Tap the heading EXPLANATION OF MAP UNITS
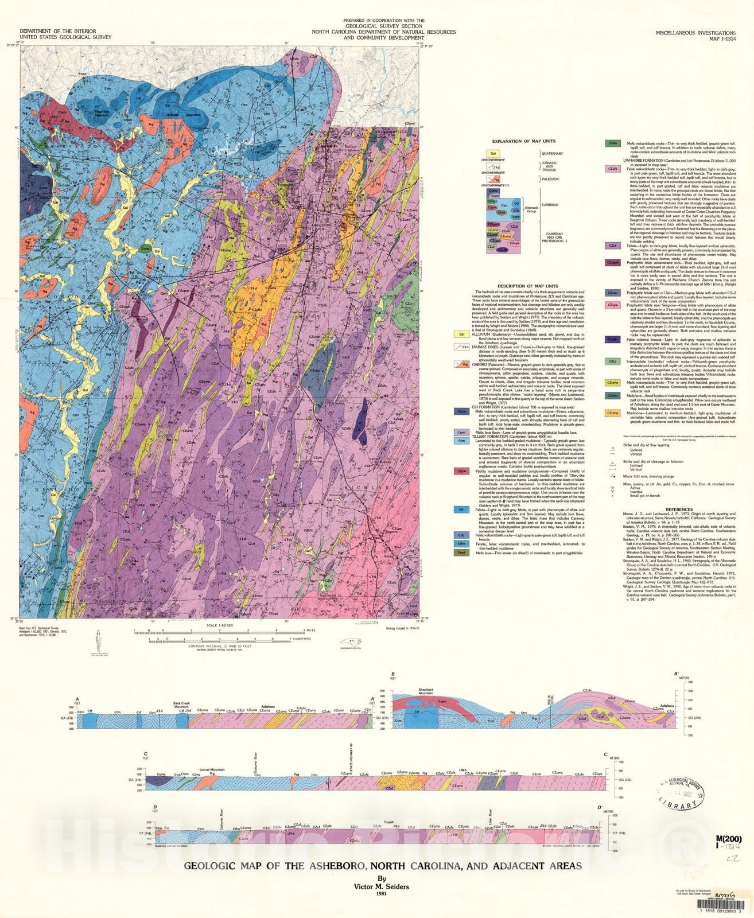(523, 141)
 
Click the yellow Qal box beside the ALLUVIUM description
(461, 334)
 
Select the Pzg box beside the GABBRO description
(461, 364)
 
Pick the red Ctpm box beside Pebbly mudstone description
(461, 471)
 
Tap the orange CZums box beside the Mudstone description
(612, 413)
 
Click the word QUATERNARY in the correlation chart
(552, 154)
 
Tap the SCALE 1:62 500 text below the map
(216, 625)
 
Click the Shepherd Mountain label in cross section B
(425, 691)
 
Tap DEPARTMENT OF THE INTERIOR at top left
(57, 31)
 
